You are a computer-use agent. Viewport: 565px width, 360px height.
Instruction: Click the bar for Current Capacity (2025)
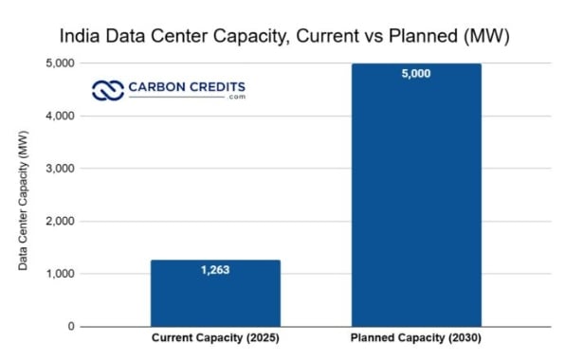(215, 294)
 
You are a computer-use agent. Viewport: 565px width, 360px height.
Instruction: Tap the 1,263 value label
(215, 270)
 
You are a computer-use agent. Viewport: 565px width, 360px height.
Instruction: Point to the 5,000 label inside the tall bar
(415, 73)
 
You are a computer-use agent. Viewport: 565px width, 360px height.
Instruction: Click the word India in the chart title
(81, 37)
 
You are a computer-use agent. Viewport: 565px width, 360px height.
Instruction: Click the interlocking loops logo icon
(109, 90)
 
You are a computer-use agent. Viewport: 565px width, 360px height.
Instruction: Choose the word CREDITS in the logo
(219, 87)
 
